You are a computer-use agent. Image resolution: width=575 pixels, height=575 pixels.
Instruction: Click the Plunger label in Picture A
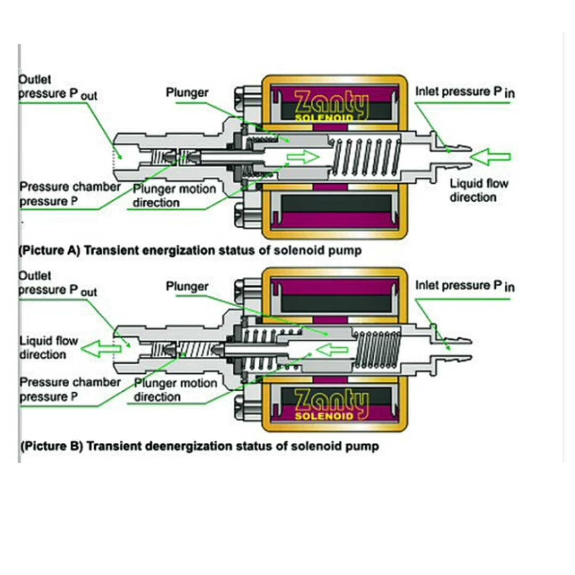point(187,93)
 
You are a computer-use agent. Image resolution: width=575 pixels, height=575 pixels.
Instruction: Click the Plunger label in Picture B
point(187,287)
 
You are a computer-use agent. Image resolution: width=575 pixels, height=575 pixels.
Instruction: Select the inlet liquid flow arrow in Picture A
point(490,157)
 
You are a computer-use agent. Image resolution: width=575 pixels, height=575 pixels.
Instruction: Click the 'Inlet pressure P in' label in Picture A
point(465,92)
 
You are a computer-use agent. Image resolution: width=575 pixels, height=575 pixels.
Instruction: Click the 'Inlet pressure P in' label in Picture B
point(465,286)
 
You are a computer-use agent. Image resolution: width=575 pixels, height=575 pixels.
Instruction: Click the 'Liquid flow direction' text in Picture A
point(479,191)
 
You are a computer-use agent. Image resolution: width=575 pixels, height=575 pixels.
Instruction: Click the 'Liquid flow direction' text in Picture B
point(48,347)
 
